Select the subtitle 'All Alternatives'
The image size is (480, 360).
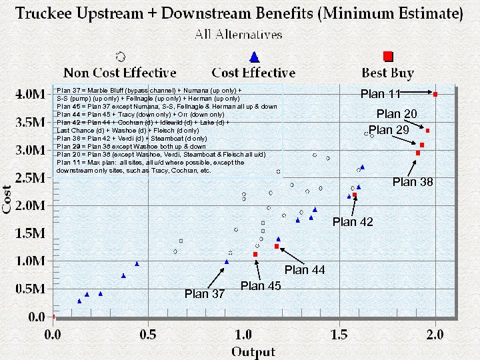click(x=239, y=34)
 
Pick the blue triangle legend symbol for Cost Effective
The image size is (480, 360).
click(x=253, y=57)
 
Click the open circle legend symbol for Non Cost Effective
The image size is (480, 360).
click(x=120, y=57)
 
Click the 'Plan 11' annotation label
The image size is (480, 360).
click(x=381, y=94)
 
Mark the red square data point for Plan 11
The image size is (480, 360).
click(x=435, y=95)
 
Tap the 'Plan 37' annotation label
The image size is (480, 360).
click(x=205, y=293)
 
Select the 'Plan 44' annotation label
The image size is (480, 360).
click(x=305, y=270)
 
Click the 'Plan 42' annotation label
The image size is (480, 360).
click(x=353, y=221)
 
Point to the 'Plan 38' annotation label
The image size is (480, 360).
click(x=413, y=181)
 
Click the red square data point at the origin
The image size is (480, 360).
click(x=53, y=317)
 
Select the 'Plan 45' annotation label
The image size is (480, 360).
click(x=261, y=286)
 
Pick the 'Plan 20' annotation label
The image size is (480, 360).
click(x=397, y=114)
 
